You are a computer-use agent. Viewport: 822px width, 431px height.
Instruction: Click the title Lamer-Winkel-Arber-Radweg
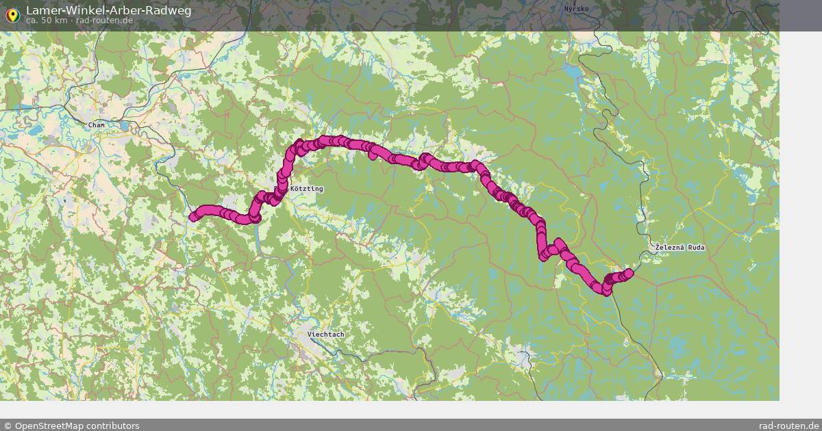[x=109, y=10]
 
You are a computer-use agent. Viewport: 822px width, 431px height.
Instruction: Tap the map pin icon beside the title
[x=12, y=14]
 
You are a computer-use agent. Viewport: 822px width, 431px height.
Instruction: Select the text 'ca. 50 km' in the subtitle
[x=47, y=21]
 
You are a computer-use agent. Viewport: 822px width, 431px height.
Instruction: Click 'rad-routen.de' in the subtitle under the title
[x=104, y=21]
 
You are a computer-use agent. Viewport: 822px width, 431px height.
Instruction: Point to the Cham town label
[x=96, y=125]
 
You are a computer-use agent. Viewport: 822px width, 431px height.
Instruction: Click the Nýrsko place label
[x=576, y=9]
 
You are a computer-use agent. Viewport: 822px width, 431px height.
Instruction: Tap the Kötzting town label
[x=306, y=189]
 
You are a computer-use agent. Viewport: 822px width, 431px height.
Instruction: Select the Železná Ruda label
[x=680, y=247]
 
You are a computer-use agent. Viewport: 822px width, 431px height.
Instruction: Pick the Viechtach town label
[x=326, y=335]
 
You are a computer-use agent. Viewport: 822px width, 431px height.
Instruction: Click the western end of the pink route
[x=193, y=218]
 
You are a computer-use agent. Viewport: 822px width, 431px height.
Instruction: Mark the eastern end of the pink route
[x=629, y=274]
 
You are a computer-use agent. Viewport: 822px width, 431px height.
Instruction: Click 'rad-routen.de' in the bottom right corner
[x=788, y=426]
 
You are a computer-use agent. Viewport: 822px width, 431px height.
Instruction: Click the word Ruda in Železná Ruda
[x=695, y=247]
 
